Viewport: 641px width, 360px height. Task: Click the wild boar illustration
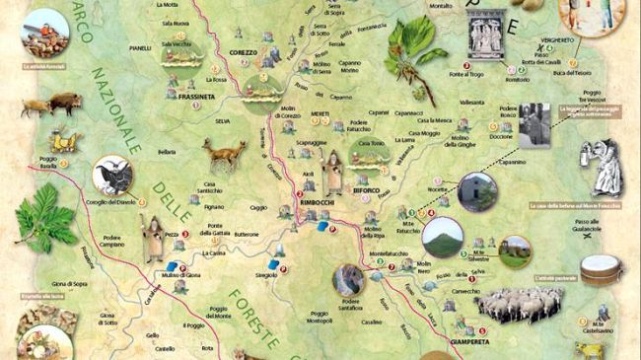64,102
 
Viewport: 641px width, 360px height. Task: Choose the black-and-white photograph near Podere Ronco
534,123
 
